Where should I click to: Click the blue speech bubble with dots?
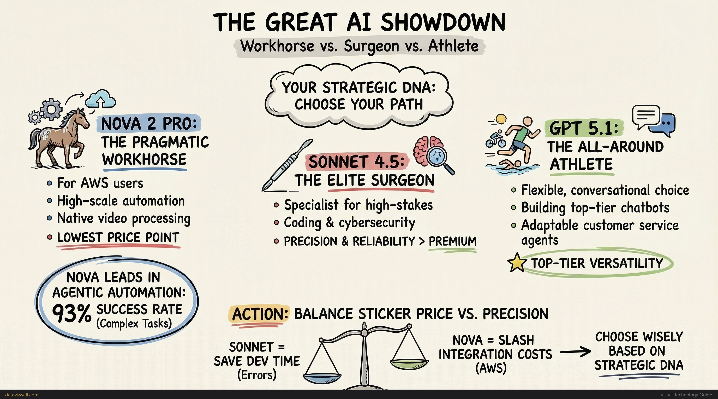665,125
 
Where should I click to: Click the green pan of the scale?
409,363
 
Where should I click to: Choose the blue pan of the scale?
322,377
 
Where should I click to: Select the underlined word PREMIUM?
452,241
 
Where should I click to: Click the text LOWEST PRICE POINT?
118,238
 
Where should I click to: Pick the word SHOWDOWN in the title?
443,22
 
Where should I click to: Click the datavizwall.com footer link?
22,395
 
